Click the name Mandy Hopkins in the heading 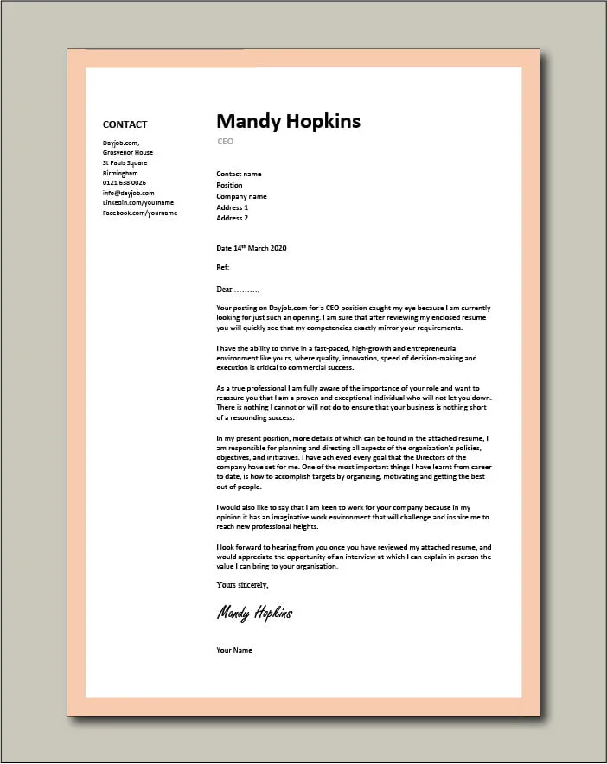288,121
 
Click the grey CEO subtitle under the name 225,142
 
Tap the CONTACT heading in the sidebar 125,124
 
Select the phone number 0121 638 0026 124,182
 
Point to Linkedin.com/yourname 138,202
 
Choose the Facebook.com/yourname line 139,213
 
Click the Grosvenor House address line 127,152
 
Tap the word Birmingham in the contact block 120,173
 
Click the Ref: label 223,268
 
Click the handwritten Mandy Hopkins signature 254,613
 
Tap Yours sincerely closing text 242,585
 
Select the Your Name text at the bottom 234,650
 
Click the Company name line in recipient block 241,196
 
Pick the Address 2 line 232,218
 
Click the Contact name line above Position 239,174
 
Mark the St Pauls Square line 125,162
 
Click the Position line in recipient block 229,185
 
